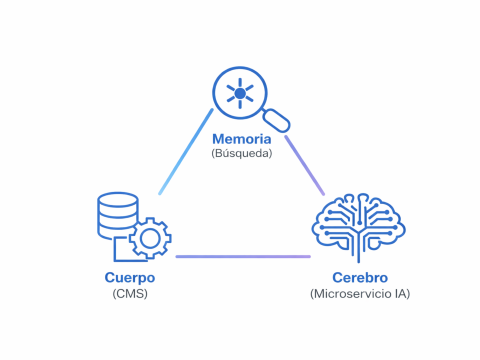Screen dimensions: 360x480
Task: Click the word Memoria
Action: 241,138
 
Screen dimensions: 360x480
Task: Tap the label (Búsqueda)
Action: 241,153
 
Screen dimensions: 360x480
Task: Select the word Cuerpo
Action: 129,278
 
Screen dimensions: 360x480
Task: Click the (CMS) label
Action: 130,293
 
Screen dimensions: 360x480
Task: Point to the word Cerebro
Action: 360,278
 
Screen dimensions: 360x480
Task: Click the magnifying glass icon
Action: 240,93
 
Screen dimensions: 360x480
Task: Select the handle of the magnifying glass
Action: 276,120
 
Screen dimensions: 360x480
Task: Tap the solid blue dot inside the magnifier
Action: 240,93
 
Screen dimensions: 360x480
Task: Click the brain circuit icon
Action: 358,225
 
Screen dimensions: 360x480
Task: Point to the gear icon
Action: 150,238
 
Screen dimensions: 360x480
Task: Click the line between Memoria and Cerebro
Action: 304,165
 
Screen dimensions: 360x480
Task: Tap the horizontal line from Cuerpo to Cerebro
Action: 243,256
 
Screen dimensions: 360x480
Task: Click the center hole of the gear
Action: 150,238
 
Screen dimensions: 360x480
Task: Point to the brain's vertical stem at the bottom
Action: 358,252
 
